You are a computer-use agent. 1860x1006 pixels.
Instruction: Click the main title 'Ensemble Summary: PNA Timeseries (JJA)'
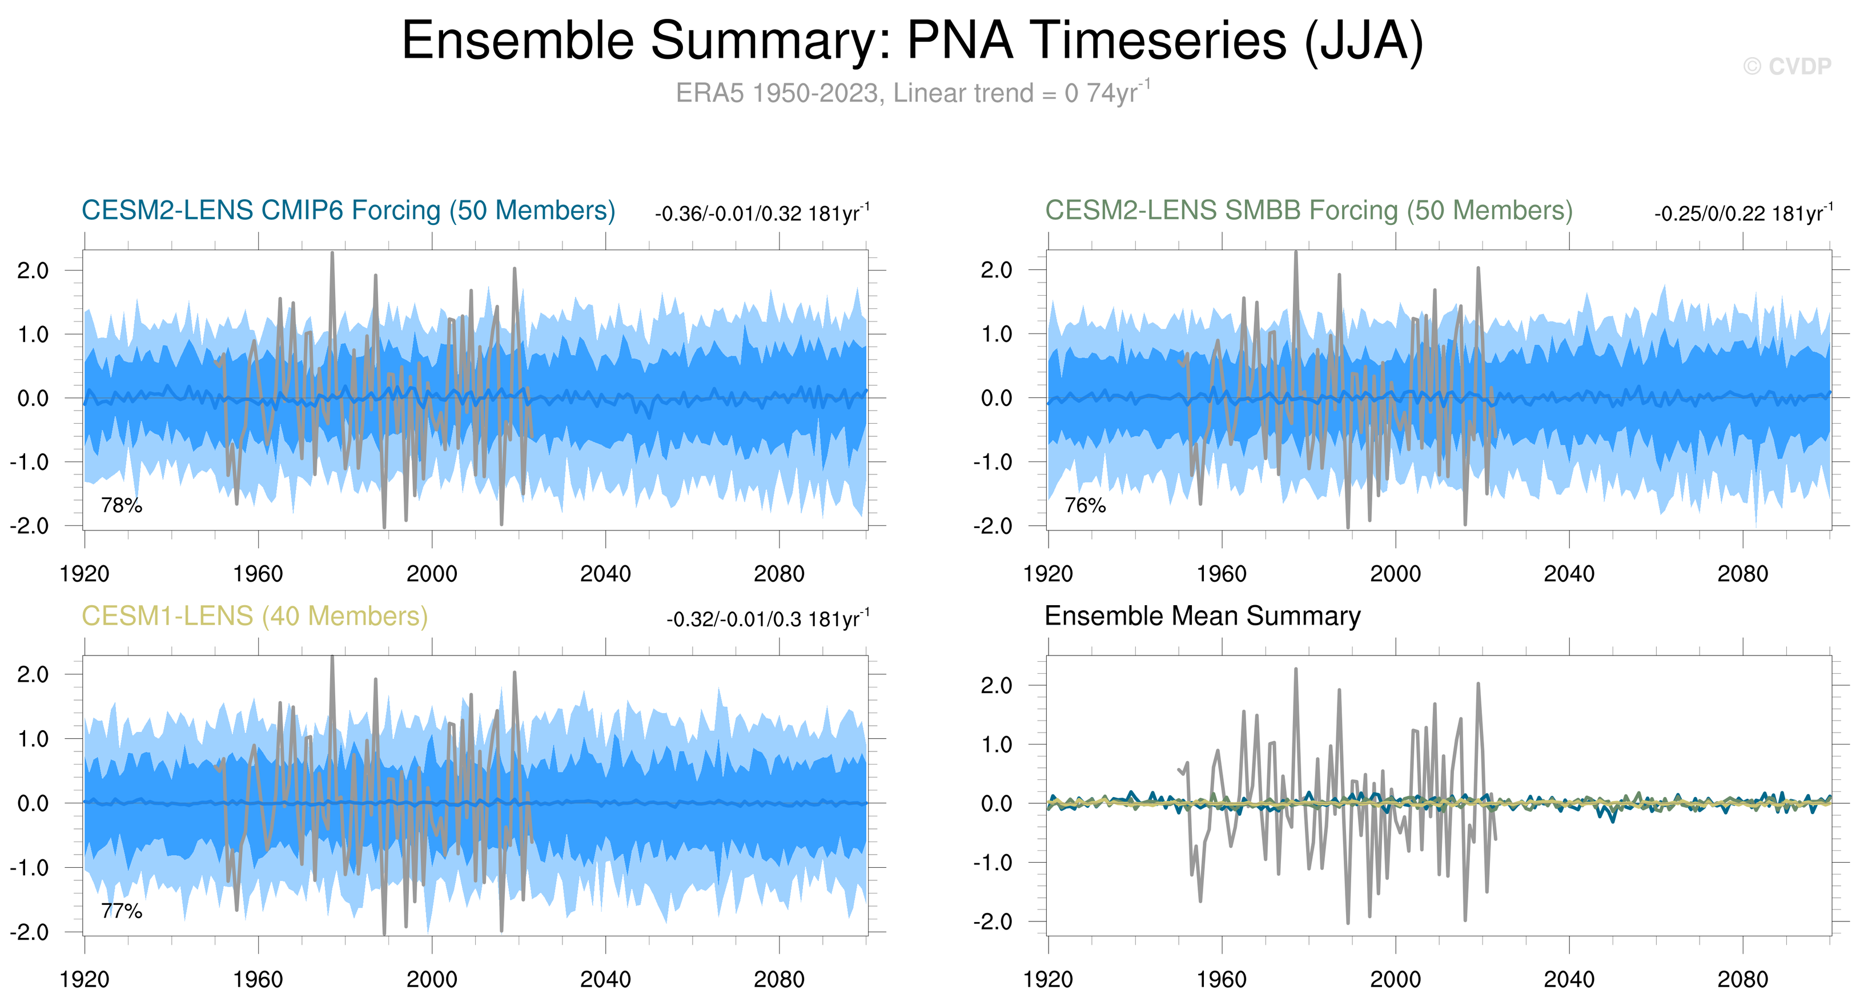pos(912,41)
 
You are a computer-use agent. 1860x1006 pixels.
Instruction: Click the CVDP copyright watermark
pos(1786,66)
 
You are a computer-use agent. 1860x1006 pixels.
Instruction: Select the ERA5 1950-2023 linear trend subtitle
pos(912,93)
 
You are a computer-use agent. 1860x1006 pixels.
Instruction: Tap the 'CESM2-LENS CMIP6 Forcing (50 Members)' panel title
pos(348,211)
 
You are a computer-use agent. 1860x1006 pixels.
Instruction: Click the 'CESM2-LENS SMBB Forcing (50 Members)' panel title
pos(1308,211)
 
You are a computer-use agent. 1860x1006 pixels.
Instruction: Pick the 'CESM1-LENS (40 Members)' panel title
pos(254,616)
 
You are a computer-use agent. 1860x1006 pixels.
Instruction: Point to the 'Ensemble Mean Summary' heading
pos(1202,616)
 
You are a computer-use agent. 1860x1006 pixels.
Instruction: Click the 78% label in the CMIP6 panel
pos(121,505)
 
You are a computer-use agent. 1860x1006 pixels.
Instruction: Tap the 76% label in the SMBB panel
pos(1084,505)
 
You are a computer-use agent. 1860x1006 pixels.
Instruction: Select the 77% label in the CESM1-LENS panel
pos(121,911)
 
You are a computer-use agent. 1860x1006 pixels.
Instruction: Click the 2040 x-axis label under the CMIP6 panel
pos(605,574)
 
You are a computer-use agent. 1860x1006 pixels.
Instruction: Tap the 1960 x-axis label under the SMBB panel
pos(1221,574)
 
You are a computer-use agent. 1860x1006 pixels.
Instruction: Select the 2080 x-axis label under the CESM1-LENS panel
pos(778,980)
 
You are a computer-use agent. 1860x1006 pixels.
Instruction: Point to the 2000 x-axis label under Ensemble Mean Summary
pos(1395,980)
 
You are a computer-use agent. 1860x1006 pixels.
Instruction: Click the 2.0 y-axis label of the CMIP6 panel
pos(33,271)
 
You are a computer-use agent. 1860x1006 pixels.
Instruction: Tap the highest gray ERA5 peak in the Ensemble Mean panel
pos(1295,670)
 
